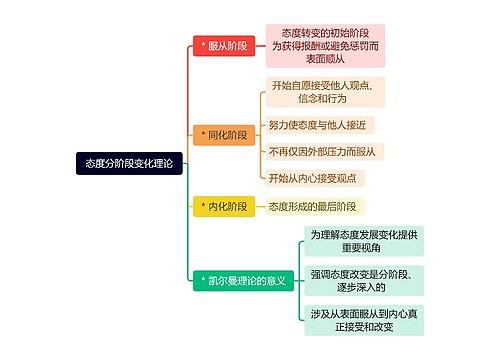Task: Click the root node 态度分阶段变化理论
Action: tap(128, 162)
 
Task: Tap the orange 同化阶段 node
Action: tap(223, 134)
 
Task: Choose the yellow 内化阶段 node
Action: tap(223, 206)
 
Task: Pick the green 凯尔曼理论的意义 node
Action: tap(243, 281)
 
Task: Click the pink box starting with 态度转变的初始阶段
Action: tap(323, 46)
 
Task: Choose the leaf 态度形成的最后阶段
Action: tap(310, 206)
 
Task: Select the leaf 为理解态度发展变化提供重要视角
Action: tap(363, 241)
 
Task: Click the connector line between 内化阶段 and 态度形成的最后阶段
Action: tap(258, 206)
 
